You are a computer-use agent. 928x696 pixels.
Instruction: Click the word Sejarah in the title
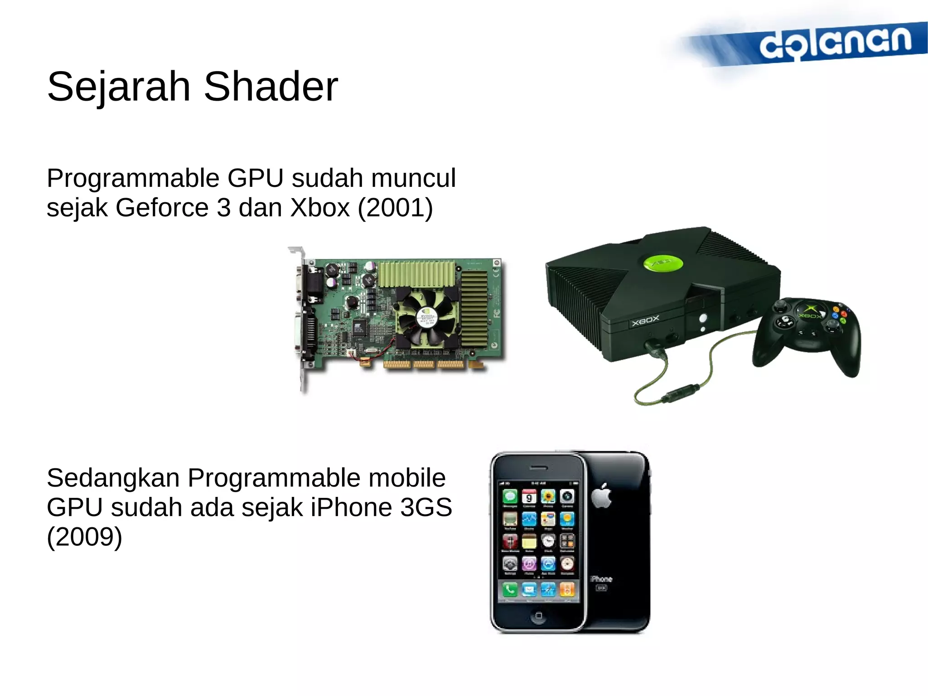(119, 87)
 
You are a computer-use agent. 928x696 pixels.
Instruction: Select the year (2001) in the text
(395, 208)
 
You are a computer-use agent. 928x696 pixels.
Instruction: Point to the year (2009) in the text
(84, 537)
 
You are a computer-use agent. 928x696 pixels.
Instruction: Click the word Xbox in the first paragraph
(320, 208)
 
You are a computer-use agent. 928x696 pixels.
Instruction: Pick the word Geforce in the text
(162, 208)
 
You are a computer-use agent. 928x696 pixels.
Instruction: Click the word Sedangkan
(113, 478)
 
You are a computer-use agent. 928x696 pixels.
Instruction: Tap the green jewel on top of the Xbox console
(663, 263)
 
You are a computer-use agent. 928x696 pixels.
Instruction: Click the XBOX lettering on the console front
(645, 321)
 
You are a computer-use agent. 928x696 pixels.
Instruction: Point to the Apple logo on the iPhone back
(602, 496)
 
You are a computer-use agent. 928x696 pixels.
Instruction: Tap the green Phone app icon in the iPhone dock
(510, 589)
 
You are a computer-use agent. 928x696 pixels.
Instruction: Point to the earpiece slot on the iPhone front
(539, 467)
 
